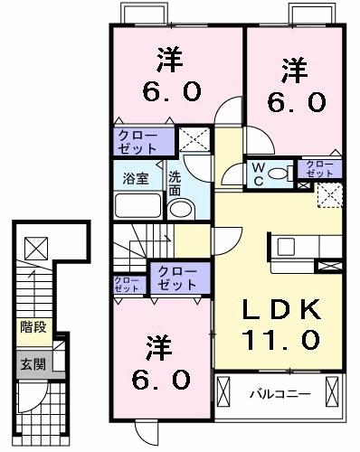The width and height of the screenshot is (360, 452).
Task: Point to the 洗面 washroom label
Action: point(175,184)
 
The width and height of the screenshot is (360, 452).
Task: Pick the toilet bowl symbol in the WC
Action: point(279,171)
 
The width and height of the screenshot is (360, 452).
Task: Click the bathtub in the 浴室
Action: point(137,206)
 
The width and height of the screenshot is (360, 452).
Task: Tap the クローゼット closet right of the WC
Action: point(320,168)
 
